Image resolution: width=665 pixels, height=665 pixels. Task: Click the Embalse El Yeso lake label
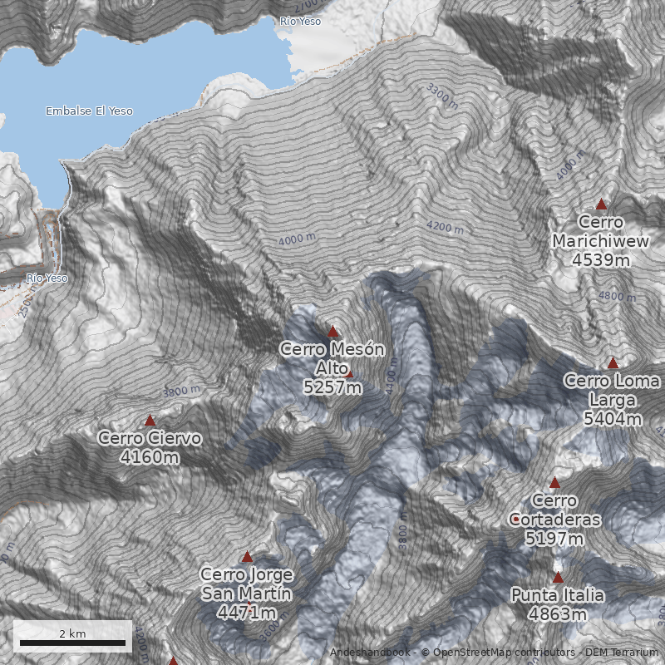click(x=89, y=111)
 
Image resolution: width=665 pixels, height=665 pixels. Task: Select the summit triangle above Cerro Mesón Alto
click(x=333, y=332)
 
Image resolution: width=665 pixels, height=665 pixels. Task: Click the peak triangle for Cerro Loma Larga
click(x=613, y=363)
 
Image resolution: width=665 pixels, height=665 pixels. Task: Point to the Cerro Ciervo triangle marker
click(x=150, y=421)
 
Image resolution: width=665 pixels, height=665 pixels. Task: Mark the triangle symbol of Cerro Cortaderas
click(x=554, y=483)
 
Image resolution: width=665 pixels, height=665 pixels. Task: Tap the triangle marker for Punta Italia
click(x=558, y=578)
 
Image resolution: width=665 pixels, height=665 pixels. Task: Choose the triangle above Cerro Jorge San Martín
click(x=246, y=557)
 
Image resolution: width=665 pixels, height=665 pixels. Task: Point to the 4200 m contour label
click(x=445, y=225)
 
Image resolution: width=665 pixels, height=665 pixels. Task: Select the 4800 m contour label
click(x=616, y=296)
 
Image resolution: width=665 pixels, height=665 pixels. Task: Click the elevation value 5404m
click(x=613, y=419)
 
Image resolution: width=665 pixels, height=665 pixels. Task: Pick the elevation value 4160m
click(x=150, y=457)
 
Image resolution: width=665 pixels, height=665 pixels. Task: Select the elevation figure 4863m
click(x=558, y=614)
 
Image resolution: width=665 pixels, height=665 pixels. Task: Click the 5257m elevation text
click(x=332, y=387)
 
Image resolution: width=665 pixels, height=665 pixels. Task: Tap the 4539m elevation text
click(x=601, y=259)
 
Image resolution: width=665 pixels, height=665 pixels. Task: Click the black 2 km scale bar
click(x=72, y=643)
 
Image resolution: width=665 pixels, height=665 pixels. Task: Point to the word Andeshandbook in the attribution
click(x=369, y=653)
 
